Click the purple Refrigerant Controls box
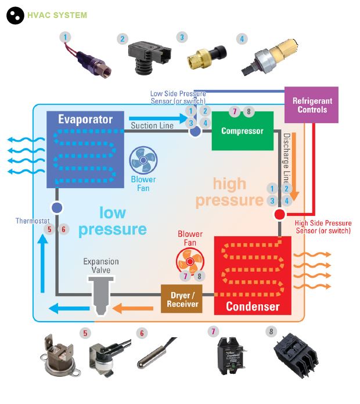tap(312, 105)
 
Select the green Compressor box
tap(242, 131)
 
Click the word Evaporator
tap(85, 120)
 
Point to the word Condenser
tap(253, 306)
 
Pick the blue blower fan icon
tap(141, 159)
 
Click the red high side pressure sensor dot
tap(279, 214)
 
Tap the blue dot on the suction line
tap(196, 131)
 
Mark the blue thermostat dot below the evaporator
tap(56, 207)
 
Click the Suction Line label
tap(152, 125)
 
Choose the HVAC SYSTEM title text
tap(57, 15)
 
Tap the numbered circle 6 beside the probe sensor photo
tap(142, 333)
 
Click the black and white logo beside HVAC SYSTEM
tap(15, 16)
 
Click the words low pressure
tap(113, 221)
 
